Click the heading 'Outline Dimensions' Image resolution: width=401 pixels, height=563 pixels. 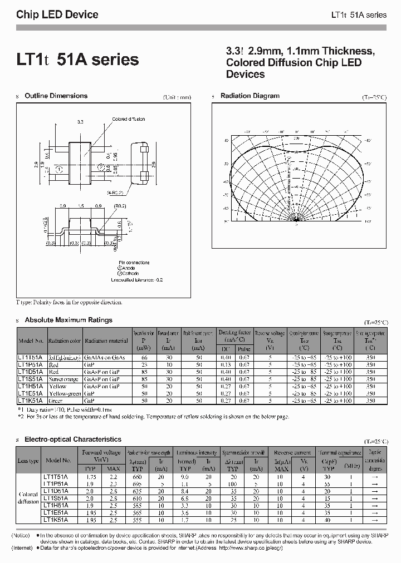[x=56, y=96]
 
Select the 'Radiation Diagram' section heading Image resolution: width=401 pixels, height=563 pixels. [x=250, y=96]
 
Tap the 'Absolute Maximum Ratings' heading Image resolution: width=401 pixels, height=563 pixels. [x=69, y=320]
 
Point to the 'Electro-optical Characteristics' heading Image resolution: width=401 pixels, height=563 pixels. [x=73, y=439]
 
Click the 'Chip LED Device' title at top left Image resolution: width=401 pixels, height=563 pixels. [x=57, y=15]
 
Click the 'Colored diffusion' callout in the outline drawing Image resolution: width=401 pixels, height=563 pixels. [x=129, y=119]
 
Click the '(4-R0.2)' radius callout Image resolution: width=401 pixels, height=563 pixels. [x=116, y=192]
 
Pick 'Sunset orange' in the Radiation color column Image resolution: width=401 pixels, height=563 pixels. [x=65, y=378]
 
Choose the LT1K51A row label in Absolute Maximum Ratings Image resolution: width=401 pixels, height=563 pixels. [x=32, y=400]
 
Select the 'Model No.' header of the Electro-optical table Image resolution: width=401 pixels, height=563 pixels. [x=58, y=461]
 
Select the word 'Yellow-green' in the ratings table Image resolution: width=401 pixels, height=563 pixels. [x=65, y=393]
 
